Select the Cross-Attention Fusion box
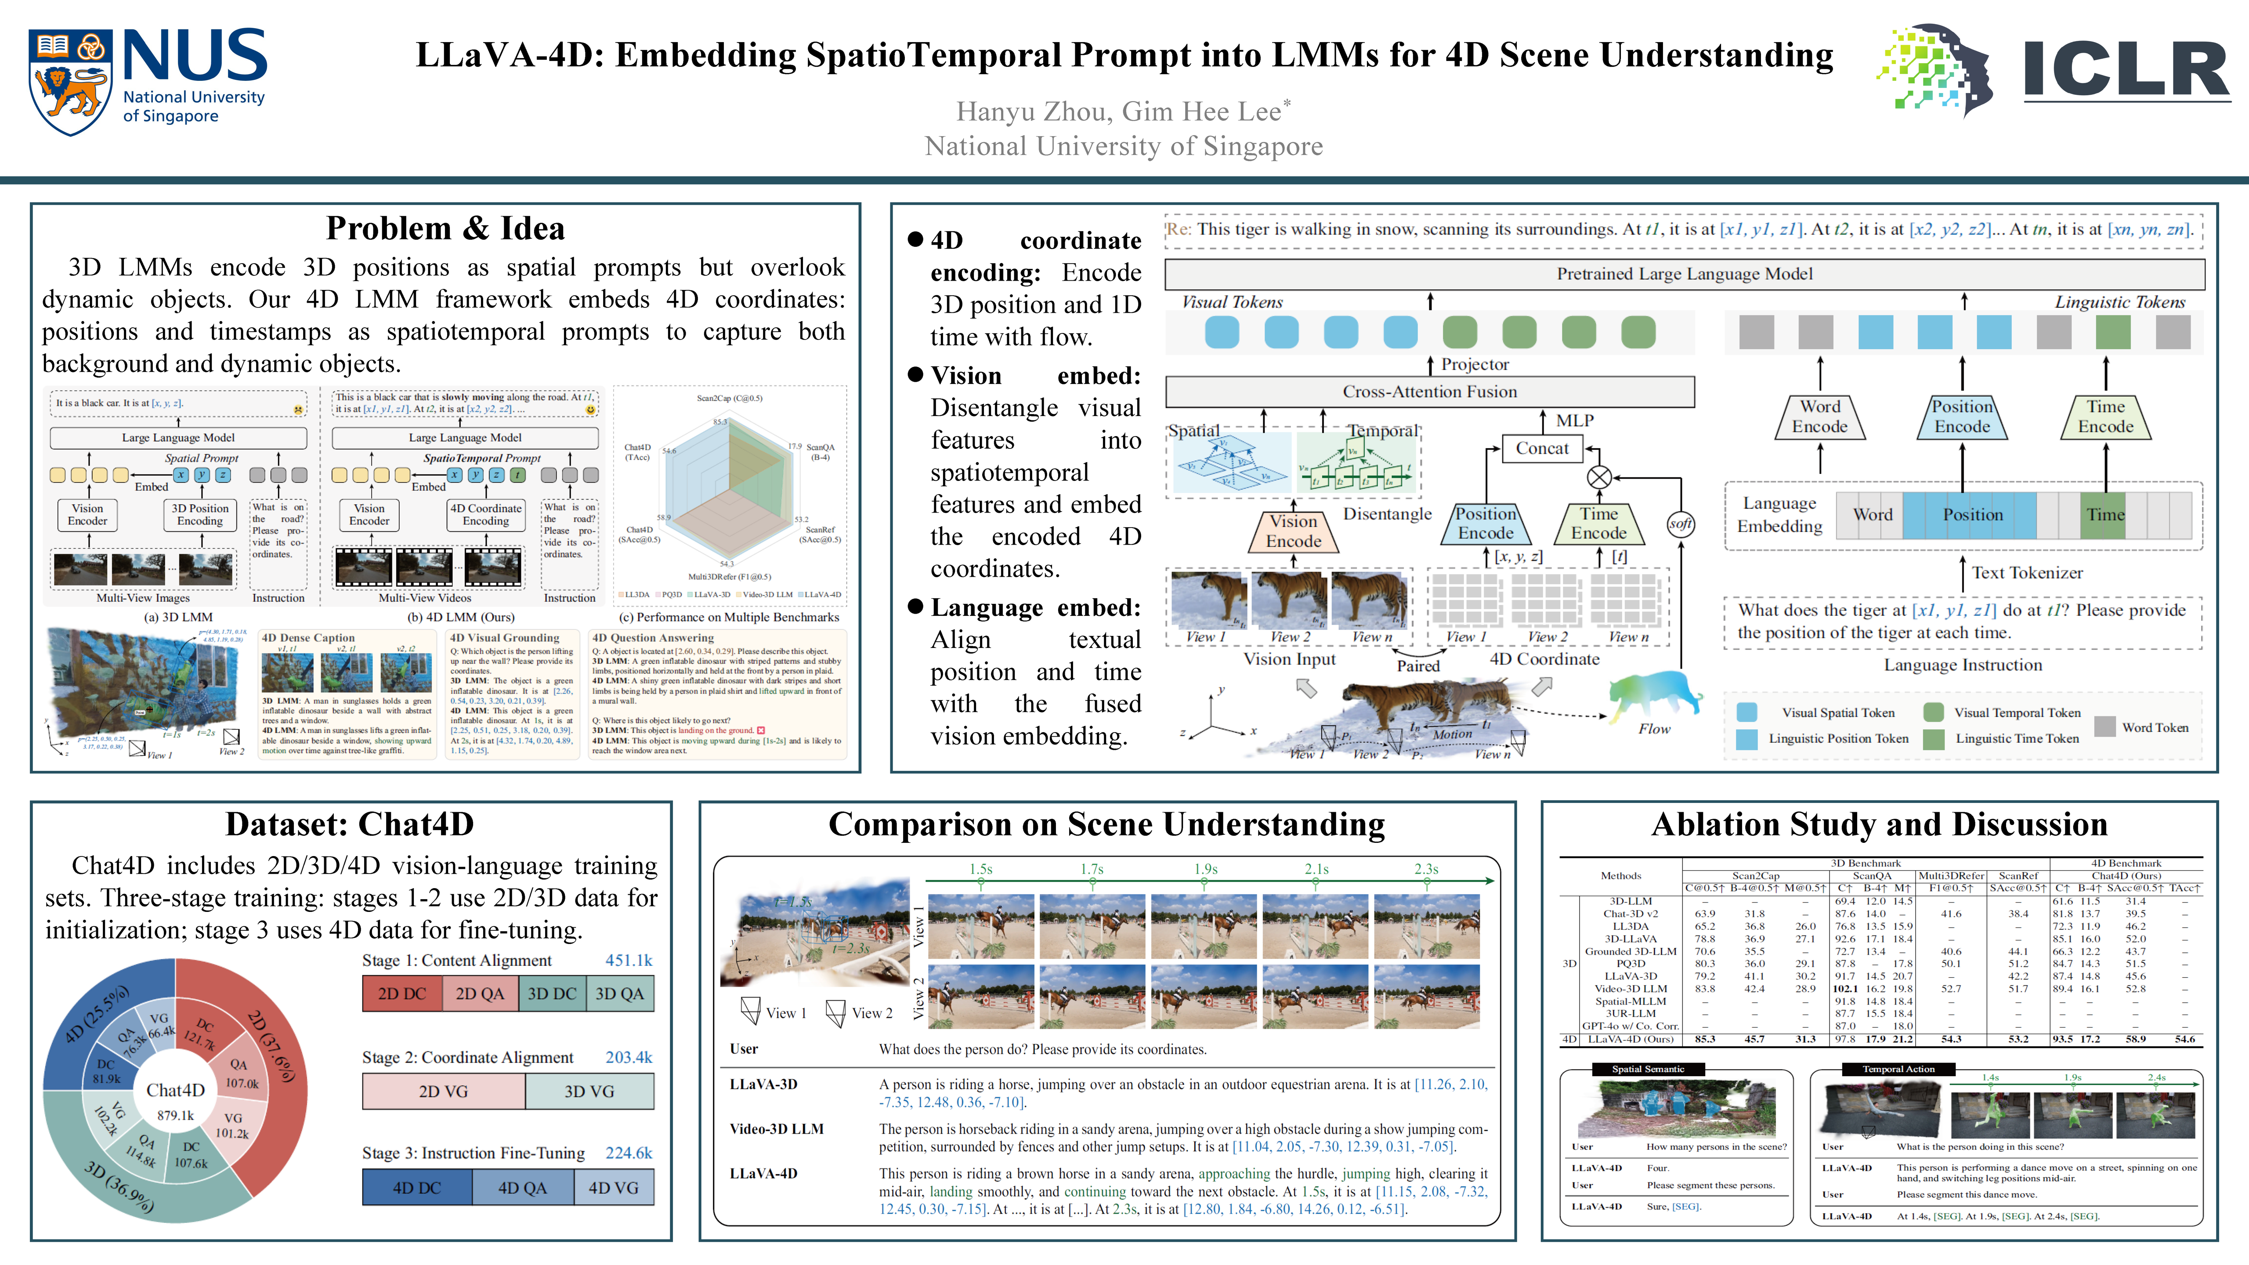(x=1429, y=392)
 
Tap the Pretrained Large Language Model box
(x=1684, y=274)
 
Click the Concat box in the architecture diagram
(x=1542, y=449)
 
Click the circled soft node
(x=1681, y=524)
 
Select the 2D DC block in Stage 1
(x=401, y=994)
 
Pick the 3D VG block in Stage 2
(x=589, y=1091)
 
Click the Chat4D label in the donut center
(x=176, y=1090)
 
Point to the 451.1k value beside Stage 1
(x=629, y=960)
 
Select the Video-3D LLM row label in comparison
(x=776, y=1129)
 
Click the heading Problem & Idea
(x=445, y=229)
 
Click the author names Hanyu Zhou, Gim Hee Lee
(x=1123, y=112)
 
